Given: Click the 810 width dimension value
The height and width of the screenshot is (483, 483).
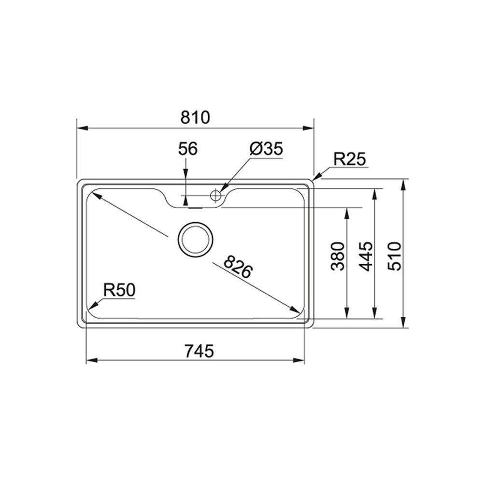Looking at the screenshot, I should pos(196,117).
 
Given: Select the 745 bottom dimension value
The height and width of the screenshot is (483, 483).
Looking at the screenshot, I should pos(199,351).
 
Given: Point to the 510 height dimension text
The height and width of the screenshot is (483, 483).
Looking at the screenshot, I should pos(395,256).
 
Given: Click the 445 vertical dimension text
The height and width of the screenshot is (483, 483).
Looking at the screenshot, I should pos(367,256).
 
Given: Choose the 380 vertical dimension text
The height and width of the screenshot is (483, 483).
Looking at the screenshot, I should pos(339,256).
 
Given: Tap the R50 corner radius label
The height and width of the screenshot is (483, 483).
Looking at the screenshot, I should pos(119,290).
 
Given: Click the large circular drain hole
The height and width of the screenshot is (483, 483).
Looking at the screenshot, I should pos(195,239).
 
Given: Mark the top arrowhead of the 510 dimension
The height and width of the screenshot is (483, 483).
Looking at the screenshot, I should pos(404,183).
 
